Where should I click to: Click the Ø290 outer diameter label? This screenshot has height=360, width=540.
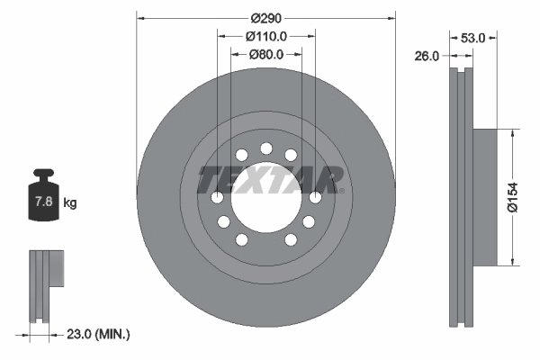click(265, 18)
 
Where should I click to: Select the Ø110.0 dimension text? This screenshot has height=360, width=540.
click(265, 36)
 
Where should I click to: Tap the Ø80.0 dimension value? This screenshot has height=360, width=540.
click(265, 54)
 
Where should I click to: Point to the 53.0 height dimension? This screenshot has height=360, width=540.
click(473, 38)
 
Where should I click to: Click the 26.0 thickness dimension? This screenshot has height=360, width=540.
click(427, 56)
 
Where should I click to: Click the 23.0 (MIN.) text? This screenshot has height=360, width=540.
click(99, 334)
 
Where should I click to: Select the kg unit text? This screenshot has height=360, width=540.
click(70, 203)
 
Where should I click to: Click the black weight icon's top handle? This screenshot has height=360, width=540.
click(43, 175)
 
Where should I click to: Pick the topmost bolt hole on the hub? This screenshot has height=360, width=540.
click(265, 149)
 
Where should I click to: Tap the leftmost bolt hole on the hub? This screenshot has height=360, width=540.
click(218, 197)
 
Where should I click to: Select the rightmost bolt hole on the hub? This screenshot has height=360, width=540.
click(314, 197)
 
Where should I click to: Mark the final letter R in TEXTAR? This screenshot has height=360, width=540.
click(332, 179)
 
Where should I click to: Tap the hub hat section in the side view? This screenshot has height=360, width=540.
click(484, 197)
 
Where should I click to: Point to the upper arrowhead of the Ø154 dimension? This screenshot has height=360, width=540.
click(513, 131)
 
